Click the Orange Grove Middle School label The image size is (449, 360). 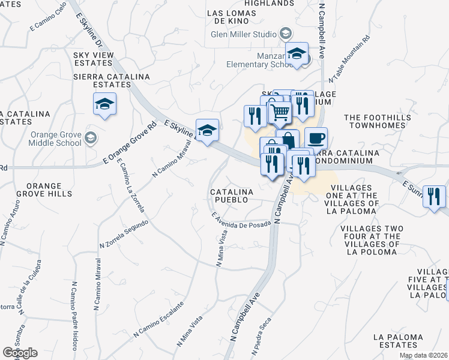[56, 139]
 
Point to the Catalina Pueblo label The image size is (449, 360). [232, 196]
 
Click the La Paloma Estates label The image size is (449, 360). [395, 341]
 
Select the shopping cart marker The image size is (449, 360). [279, 112]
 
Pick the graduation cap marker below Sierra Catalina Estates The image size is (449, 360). [105, 105]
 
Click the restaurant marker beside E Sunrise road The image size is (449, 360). [433, 196]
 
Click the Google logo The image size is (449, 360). [20, 352]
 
